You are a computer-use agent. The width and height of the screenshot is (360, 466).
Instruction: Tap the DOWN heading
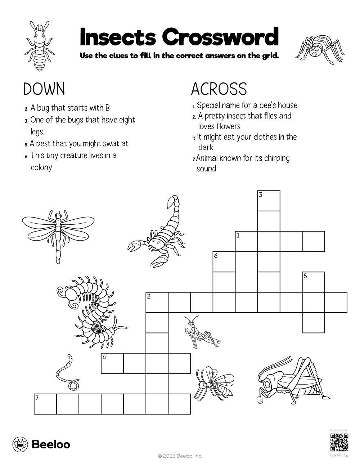[44, 89]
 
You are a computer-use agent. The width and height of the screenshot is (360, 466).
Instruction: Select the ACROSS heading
[219, 89]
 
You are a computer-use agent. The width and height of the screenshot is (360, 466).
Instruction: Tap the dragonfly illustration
[58, 231]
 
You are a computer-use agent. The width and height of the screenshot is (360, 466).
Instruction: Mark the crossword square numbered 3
[269, 201]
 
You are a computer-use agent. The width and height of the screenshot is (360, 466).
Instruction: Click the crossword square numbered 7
[45, 404]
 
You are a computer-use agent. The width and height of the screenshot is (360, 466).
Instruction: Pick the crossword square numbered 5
[313, 282]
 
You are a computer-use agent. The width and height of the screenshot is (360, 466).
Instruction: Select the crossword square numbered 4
[112, 363]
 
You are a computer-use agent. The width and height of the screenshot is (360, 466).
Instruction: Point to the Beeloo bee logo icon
[20, 444]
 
